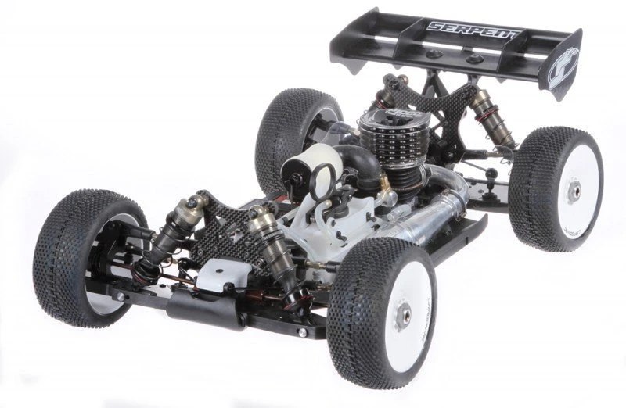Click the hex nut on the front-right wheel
pos(405,313)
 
